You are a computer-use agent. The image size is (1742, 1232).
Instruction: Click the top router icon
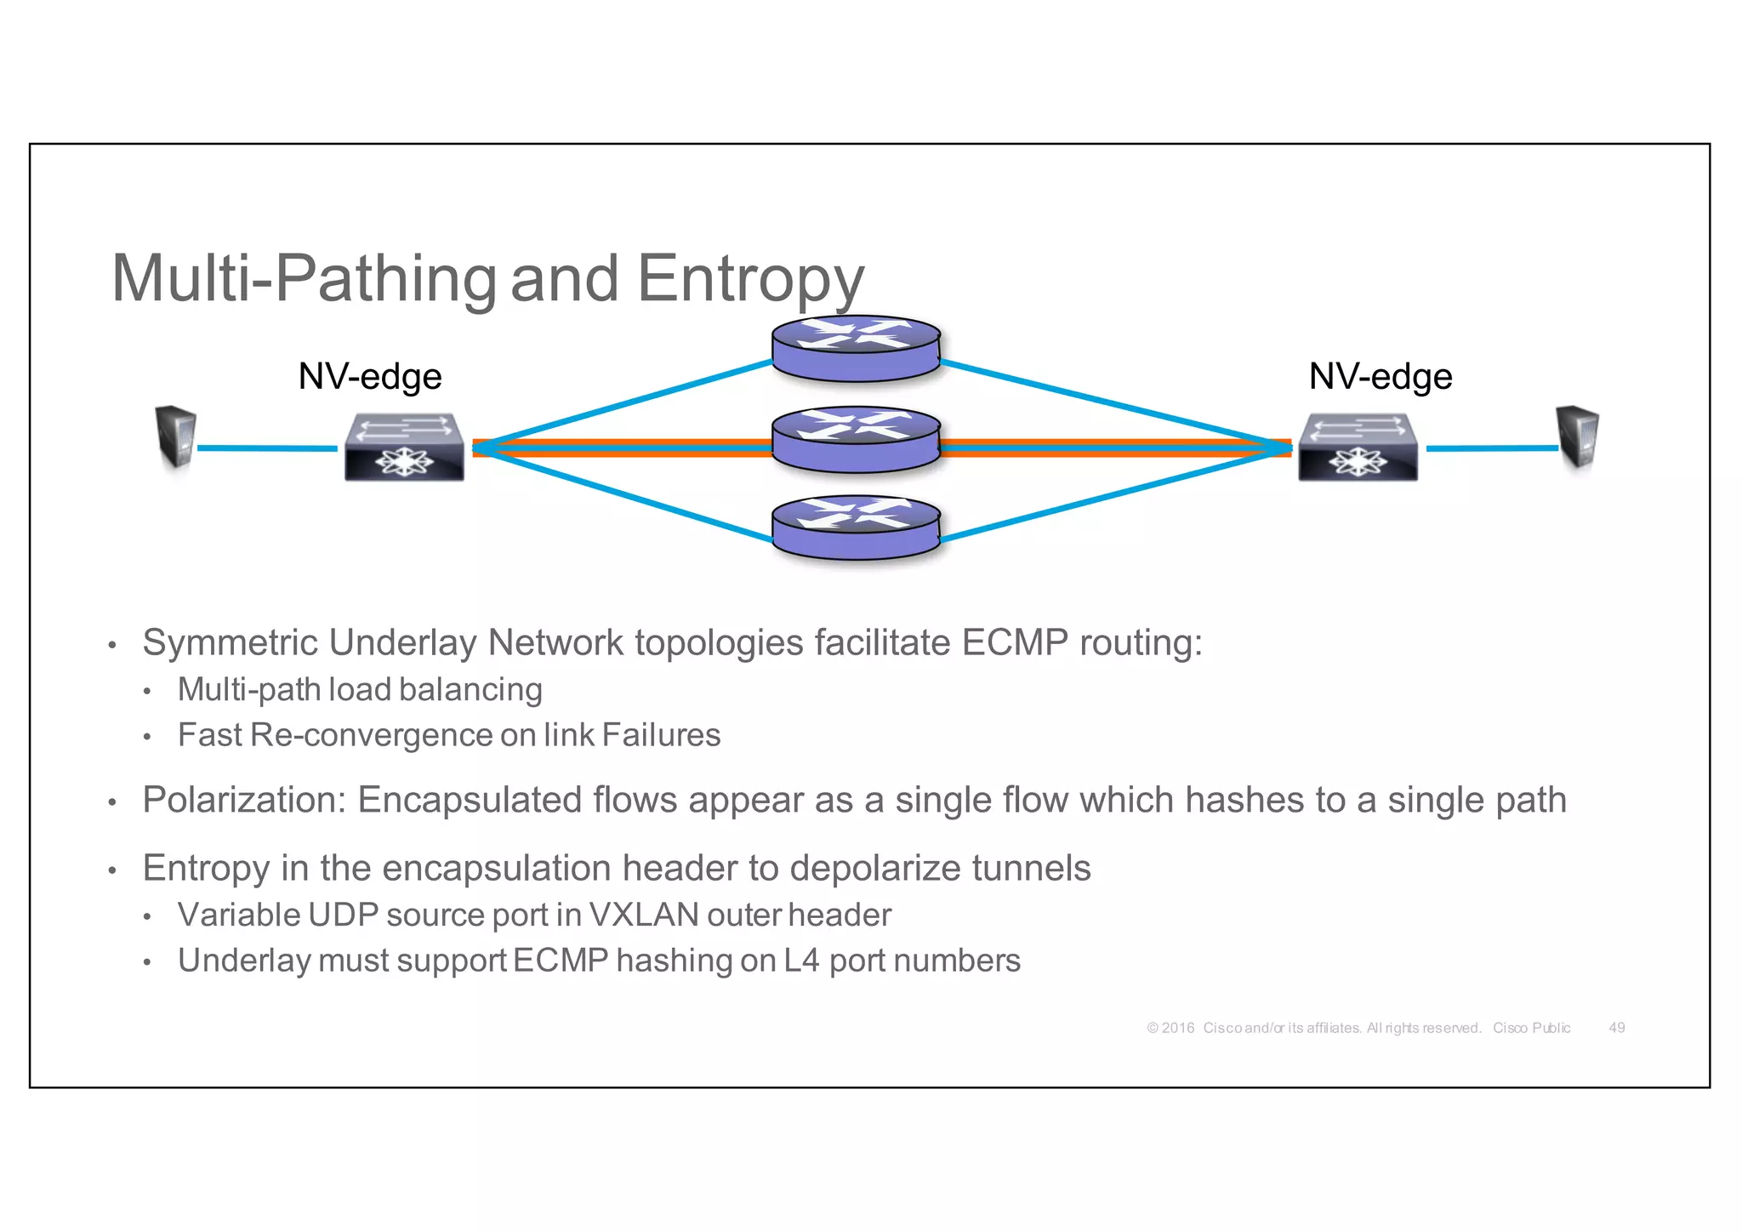856,349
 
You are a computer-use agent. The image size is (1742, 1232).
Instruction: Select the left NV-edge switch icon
404,448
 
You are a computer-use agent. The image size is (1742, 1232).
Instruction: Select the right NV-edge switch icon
1358,448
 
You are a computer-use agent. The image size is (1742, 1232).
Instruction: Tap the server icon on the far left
176,437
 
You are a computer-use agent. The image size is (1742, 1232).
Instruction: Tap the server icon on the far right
1578,437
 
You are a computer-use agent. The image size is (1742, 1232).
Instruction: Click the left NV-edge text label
370,376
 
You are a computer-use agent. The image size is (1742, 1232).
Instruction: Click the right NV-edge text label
1380,376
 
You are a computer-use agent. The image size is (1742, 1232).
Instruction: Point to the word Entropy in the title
750,279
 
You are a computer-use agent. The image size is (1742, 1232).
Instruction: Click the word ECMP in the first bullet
1014,643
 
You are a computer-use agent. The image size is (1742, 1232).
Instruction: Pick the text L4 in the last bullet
801,961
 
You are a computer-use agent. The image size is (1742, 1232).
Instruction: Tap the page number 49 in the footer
1616,1028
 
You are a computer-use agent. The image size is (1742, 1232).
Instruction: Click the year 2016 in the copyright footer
1178,1028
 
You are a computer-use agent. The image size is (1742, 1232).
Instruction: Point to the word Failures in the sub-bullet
661,735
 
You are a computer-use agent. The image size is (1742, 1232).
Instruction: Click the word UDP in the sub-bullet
343,915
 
